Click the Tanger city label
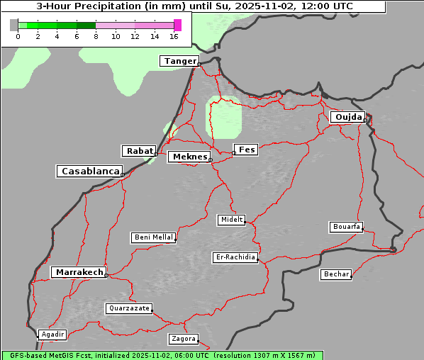(x=179, y=61)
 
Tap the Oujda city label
(x=347, y=117)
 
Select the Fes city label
(x=247, y=150)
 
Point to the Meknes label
(x=189, y=157)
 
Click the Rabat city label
(x=139, y=151)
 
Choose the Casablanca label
(x=90, y=171)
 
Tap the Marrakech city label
(x=79, y=272)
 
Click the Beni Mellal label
(x=153, y=237)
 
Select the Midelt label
(x=231, y=220)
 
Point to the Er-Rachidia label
(x=235, y=257)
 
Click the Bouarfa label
(x=346, y=227)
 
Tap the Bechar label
(x=336, y=274)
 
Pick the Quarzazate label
(x=128, y=308)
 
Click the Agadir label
(x=52, y=334)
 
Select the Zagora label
(x=183, y=339)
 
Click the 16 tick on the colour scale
(x=174, y=36)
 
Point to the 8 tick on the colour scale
(x=96, y=36)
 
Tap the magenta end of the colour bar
(x=177, y=25)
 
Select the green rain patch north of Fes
(x=223, y=117)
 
